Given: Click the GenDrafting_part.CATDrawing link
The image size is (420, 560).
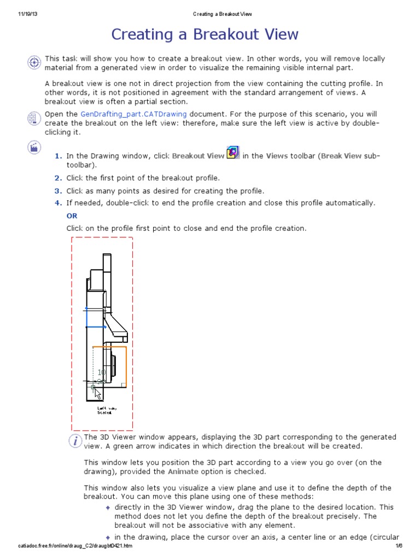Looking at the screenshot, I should pyautogui.click(x=133, y=114).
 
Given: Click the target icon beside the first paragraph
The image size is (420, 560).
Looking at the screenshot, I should pyautogui.click(x=34, y=62).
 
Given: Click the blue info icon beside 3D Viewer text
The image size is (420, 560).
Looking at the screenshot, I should pyautogui.click(x=75, y=441).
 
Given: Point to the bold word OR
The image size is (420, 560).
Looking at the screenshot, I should pyautogui.click(x=72, y=215).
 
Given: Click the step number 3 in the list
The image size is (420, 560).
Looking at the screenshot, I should pyautogui.click(x=58, y=190).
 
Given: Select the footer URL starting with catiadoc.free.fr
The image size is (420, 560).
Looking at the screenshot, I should pyautogui.click(x=75, y=546).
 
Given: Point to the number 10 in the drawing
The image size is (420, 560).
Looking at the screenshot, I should pyautogui.click(x=101, y=372).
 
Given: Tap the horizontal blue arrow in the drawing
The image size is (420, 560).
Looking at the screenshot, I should pyautogui.click(x=96, y=327).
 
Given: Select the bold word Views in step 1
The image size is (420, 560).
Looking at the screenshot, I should pyautogui.click(x=277, y=156).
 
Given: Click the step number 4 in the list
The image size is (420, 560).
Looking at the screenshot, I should pyautogui.click(x=58, y=203).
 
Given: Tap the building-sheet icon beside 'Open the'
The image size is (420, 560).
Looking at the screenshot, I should pyautogui.click(x=34, y=118).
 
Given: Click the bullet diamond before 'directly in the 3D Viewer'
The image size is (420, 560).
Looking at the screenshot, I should pyautogui.click(x=108, y=507).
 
